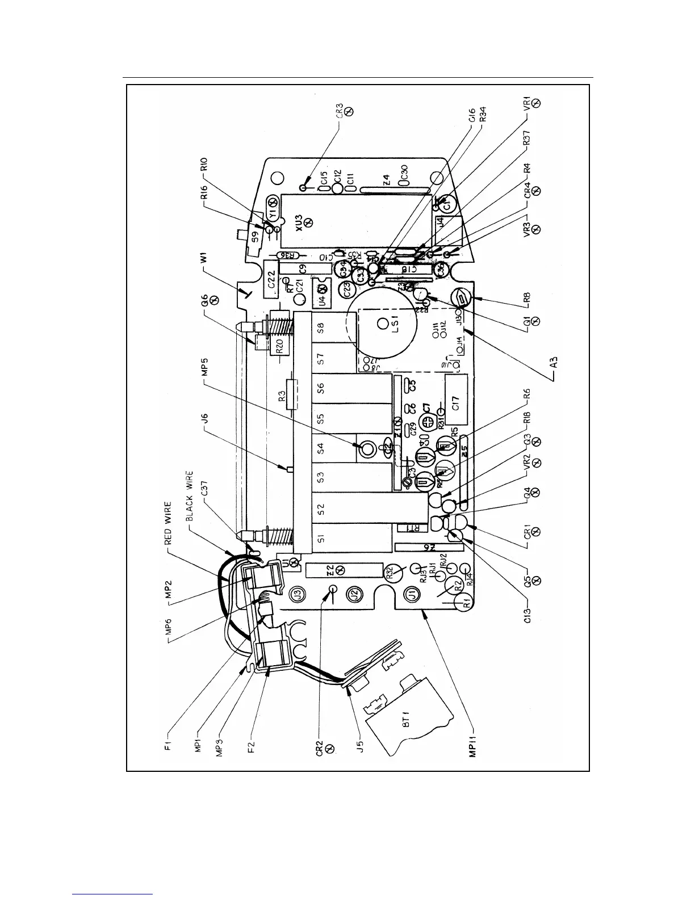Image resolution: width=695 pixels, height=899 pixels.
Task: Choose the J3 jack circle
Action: [295, 595]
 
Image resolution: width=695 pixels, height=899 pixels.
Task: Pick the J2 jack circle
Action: [353, 595]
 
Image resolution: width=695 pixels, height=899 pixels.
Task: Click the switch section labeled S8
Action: [320, 329]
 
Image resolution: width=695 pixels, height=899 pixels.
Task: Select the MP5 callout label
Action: [206, 371]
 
